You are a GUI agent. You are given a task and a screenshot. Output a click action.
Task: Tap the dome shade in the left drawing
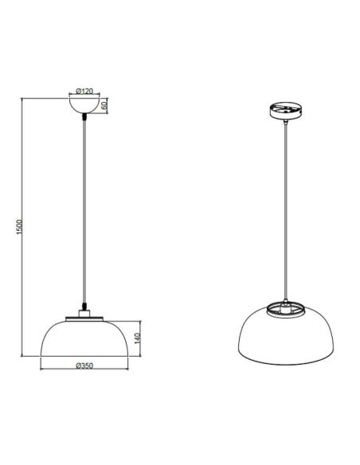[x=82, y=338]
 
